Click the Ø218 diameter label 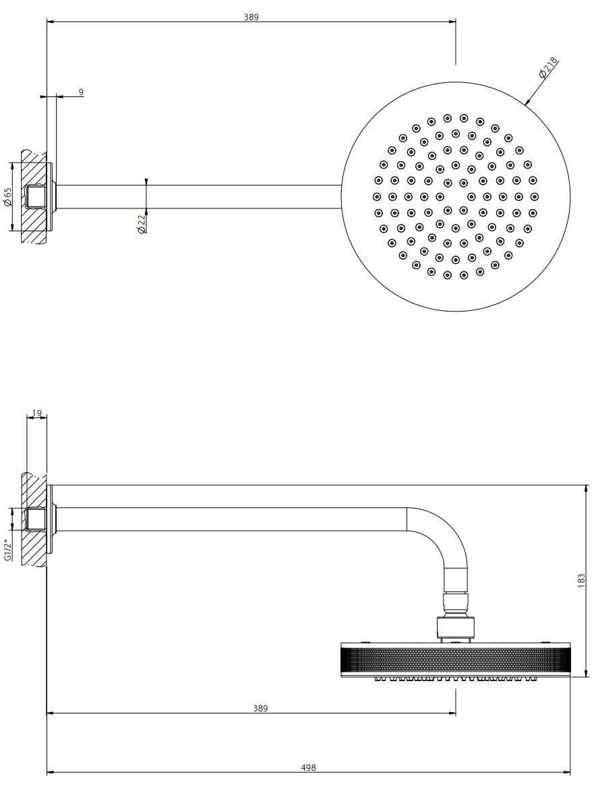(x=547, y=69)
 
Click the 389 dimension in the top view (x=251, y=17)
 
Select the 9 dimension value (x=81, y=91)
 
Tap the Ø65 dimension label (x=8, y=196)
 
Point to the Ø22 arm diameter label (x=141, y=223)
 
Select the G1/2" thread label (x=8, y=550)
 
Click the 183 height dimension (x=581, y=581)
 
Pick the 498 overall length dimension (x=308, y=767)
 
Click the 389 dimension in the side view (x=260, y=708)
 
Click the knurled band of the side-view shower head (x=455, y=660)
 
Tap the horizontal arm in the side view (x=229, y=519)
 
